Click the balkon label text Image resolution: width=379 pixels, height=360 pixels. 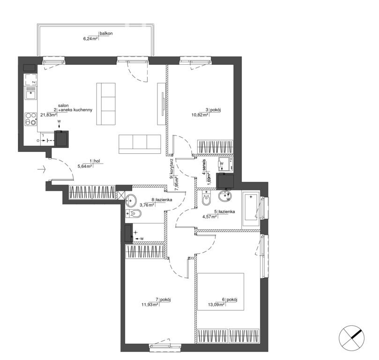point(106,33)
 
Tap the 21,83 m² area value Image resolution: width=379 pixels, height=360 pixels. point(48,115)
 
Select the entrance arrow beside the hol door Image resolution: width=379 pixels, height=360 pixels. point(42,169)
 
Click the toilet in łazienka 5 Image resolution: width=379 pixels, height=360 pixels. point(206,198)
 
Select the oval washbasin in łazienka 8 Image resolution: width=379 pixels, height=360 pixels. point(131,201)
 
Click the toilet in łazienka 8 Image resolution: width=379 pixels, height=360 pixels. point(134,214)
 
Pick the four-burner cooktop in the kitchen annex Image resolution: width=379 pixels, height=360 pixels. point(31,119)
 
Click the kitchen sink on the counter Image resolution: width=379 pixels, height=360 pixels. point(31,93)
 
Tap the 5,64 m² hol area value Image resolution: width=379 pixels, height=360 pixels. point(85,166)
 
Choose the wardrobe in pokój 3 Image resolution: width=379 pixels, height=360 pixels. point(216,147)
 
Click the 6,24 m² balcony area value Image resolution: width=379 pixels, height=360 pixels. point(90,39)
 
